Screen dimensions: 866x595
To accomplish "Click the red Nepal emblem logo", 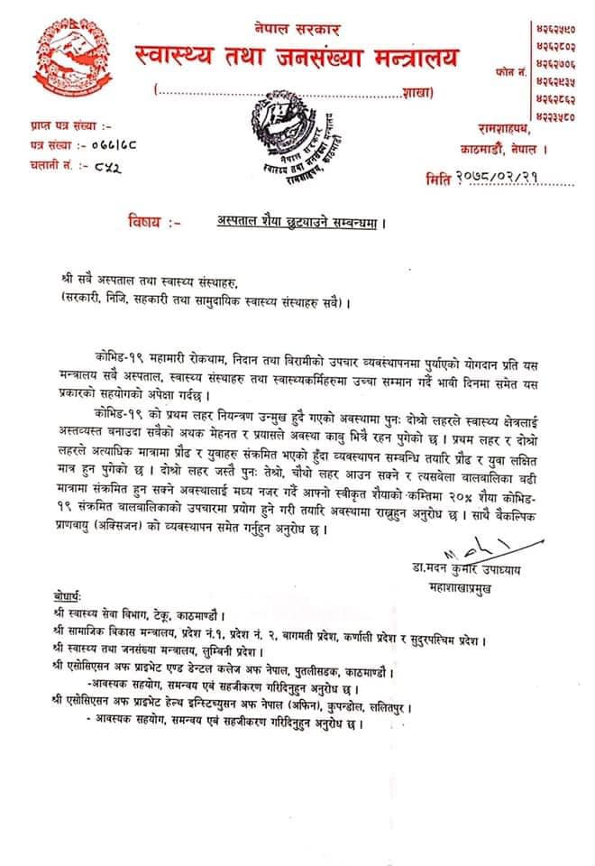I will click(x=65, y=64).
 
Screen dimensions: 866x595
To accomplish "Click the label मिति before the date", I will click(x=439, y=180).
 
